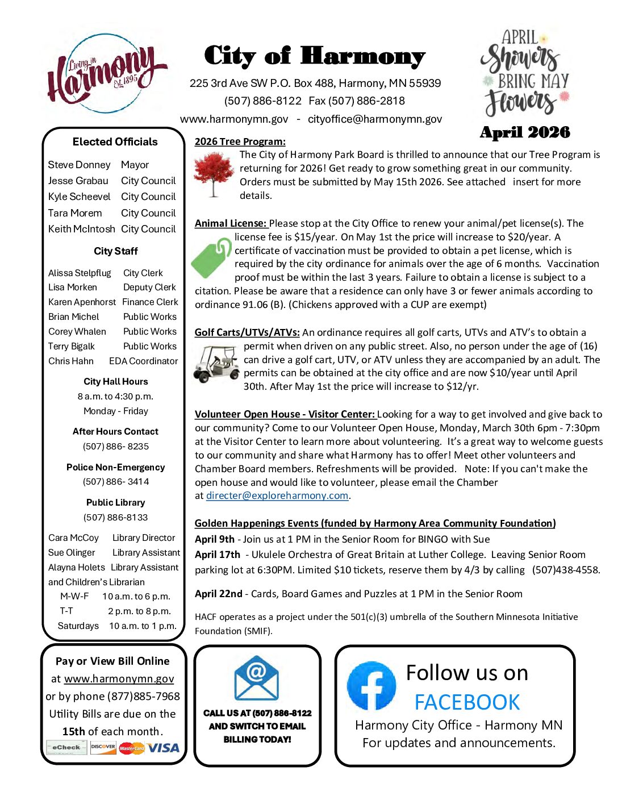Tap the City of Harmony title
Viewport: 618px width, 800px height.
click(x=314, y=56)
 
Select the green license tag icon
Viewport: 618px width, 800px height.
click(x=211, y=258)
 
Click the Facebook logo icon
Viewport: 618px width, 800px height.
click(x=371, y=686)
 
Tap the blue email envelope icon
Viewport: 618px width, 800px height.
click(x=257, y=678)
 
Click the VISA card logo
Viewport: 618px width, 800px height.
click(x=164, y=748)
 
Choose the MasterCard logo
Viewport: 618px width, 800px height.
click(x=132, y=748)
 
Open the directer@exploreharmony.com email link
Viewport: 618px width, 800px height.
click(x=277, y=495)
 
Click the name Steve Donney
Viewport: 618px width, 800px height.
click(x=79, y=165)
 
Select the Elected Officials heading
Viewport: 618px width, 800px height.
click(x=115, y=142)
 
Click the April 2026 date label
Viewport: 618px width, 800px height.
click(x=525, y=132)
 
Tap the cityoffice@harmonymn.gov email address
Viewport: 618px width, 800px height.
click(x=375, y=119)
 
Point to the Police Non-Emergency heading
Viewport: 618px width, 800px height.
click(x=116, y=467)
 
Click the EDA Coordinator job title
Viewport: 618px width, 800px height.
click(x=143, y=361)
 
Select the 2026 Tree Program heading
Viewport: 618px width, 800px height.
click(x=240, y=141)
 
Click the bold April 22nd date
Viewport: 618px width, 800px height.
click(x=219, y=594)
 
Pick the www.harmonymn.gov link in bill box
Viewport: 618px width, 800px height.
click(x=119, y=678)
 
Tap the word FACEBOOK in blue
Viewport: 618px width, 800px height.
click(x=467, y=702)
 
